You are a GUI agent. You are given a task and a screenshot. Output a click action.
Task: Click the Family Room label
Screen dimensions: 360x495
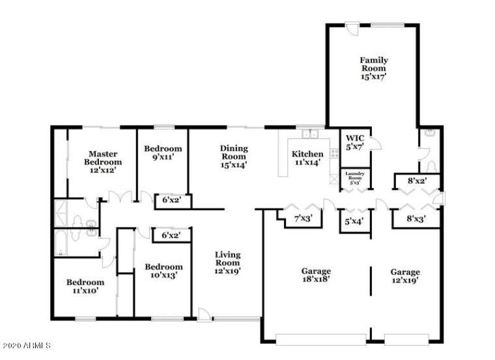click(374, 64)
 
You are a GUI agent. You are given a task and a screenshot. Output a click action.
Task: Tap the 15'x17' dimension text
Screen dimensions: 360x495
click(374, 77)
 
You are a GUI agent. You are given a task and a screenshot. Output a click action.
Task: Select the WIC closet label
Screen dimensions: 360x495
click(354, 138)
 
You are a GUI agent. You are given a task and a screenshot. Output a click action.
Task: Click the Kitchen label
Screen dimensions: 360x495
click(308, 154)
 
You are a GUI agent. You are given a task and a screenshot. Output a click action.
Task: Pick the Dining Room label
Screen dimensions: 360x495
click(234, 152)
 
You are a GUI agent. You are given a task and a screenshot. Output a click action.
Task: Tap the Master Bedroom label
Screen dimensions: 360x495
click(102, 158)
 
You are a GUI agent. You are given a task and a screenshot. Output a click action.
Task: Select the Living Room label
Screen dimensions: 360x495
click(228, 258)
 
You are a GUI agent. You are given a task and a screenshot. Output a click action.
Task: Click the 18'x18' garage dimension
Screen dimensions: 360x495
click(316, 280)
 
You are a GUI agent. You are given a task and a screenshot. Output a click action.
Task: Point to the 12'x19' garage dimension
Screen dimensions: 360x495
click(405, 280)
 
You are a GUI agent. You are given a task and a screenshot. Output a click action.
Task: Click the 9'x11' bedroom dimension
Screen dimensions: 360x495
click(163, 158)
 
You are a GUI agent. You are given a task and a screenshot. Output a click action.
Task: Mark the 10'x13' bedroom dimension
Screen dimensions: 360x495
click(164, 275)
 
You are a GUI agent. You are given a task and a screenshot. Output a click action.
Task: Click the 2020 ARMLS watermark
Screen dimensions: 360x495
click(26, 345)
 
